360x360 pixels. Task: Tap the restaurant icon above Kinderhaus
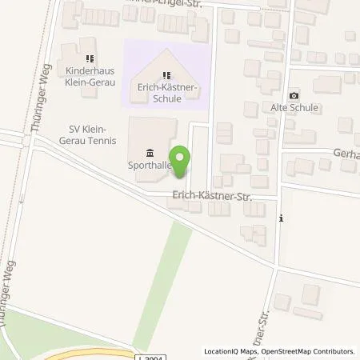pos(90,58)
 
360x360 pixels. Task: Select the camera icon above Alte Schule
pos(294,94)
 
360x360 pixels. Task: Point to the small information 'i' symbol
pos(280,217)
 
